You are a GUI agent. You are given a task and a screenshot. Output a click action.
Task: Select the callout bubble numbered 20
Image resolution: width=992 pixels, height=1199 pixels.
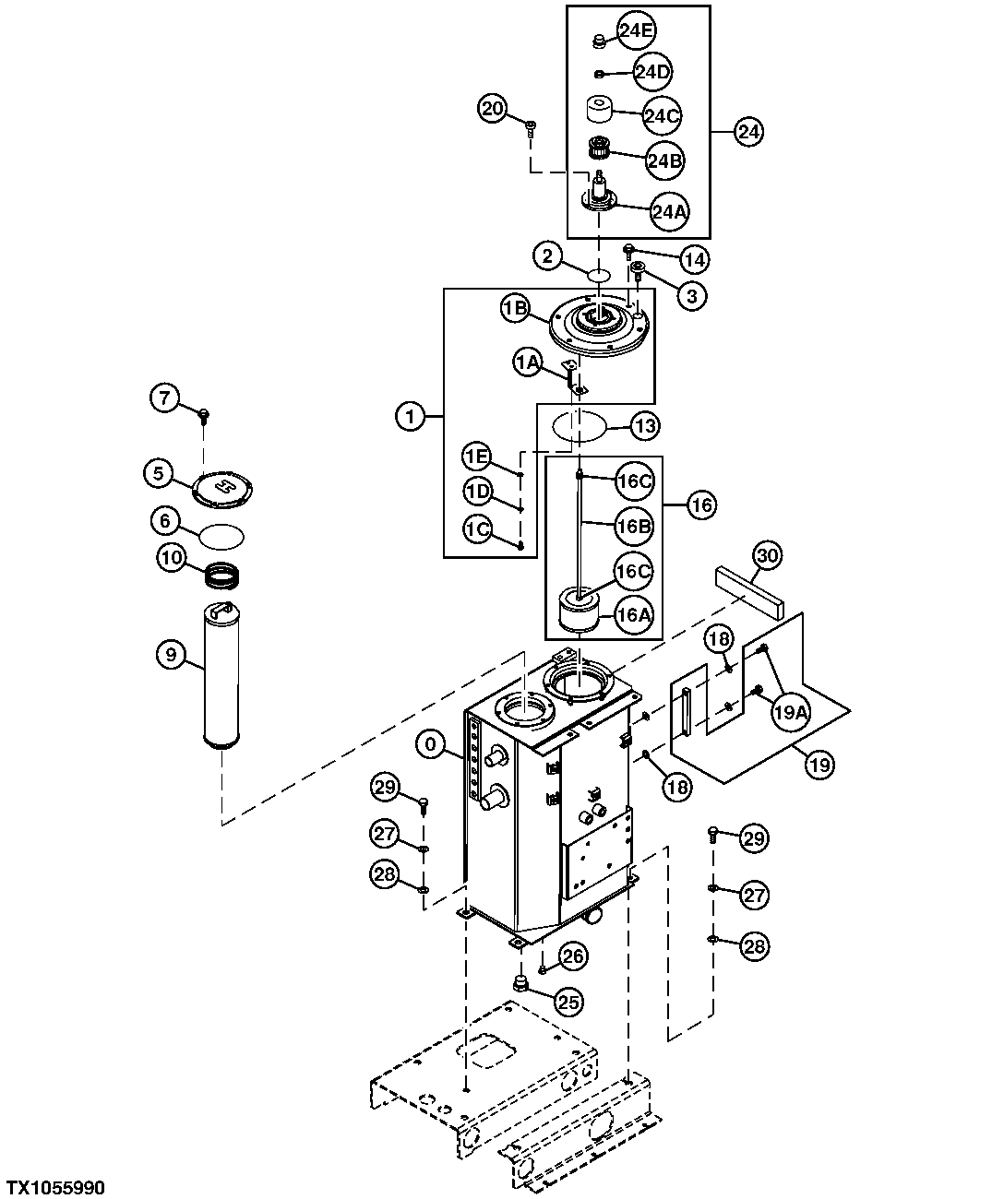pos(493,108)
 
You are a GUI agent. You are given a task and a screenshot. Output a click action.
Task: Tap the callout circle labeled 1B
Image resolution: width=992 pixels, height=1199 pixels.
pos(516,309)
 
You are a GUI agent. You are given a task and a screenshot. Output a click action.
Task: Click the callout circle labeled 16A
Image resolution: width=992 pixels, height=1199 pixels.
pos(632,615)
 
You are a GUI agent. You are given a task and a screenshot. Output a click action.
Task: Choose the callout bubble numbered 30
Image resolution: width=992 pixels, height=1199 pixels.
pos(768,555)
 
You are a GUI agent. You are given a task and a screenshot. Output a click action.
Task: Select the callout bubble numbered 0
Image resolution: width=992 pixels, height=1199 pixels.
pos(430,744)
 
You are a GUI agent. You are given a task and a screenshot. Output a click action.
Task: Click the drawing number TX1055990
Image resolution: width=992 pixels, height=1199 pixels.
pos(55,1186)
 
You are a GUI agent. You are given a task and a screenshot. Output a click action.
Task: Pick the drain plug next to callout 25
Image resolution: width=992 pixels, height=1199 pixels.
pos(520,985)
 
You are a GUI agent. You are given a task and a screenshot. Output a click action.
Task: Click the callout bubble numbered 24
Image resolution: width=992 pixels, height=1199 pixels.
pos(748,132)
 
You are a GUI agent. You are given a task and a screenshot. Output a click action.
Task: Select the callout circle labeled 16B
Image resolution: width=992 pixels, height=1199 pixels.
pos(633,527)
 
